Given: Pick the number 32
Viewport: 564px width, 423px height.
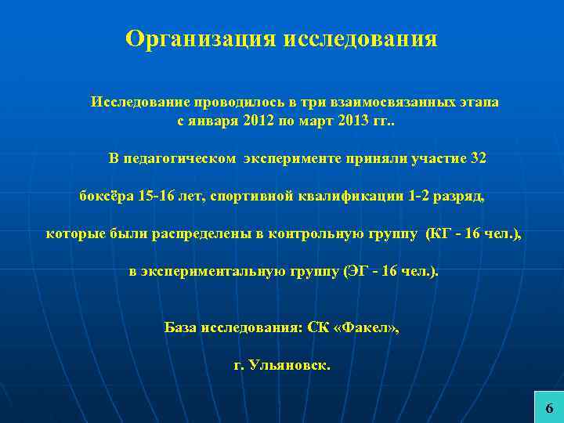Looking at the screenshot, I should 478,158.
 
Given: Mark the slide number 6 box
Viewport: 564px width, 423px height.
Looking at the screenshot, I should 548,407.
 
